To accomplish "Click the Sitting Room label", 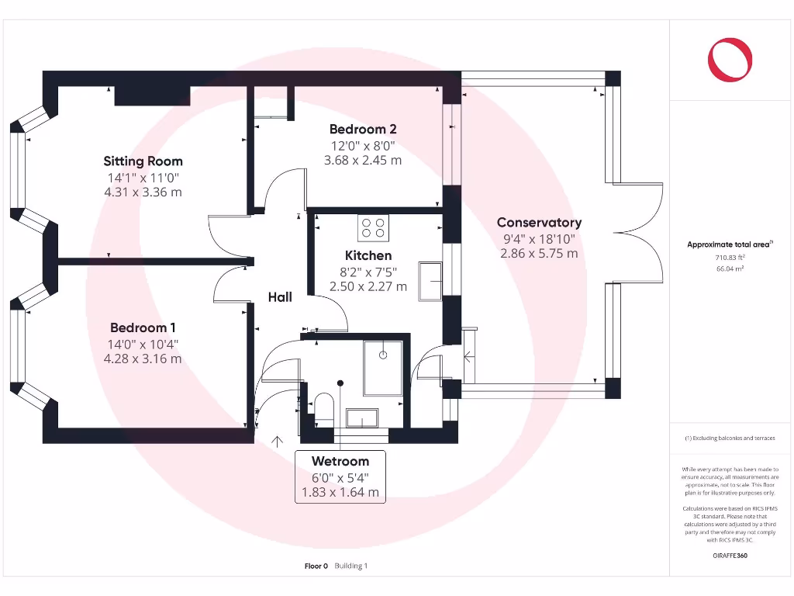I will pos(143,161).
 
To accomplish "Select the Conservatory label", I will pos(539,223).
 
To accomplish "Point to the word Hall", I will pos(280,297).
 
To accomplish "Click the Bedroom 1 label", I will pos(143,328).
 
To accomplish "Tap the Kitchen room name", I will pos(368,255).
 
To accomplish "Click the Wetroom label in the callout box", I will pos(340,461).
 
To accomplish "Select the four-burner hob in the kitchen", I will pos(372,227).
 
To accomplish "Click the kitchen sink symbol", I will pos(430,280).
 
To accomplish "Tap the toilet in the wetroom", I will pos(323,408).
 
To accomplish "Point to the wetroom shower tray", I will pos(382,367).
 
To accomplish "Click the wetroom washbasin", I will pos(361,418).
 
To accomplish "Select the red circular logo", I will pos(730,59).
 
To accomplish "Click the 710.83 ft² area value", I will pos(729,257).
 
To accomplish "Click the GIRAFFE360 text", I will pos(730,556).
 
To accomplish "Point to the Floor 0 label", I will pos(316,567).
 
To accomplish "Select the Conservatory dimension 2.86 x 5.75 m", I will pos(539,254).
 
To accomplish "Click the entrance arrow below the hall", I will pos(277,442).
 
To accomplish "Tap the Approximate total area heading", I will pos(729,244).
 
